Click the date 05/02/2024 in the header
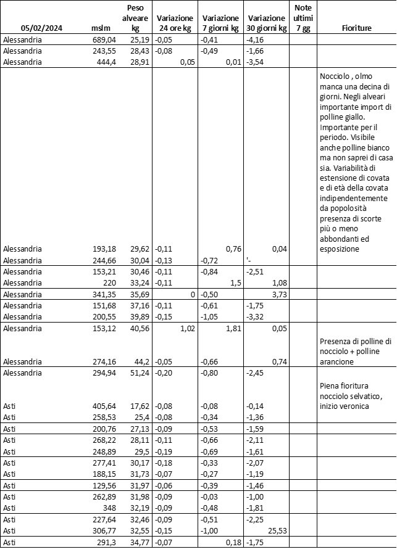point(41,28)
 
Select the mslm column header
point(100,28)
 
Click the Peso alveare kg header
point(135,19)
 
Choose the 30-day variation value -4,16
point(255,39)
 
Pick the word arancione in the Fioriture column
point(338,362)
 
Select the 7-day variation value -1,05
point(211,317)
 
